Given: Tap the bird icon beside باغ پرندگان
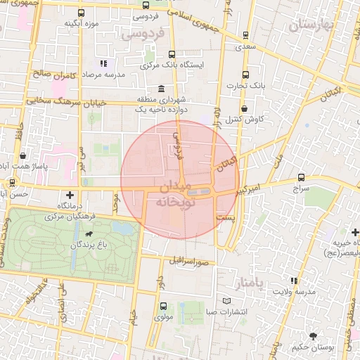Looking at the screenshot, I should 89,233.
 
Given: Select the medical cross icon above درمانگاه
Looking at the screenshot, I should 70,194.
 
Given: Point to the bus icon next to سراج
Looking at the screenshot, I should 301,178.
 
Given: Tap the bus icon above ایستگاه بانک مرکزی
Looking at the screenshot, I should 172,54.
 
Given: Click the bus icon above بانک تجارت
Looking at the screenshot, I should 245,75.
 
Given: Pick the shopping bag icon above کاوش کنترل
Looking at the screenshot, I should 244,109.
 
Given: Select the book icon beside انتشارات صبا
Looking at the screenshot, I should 226,301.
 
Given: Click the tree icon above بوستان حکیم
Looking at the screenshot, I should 312,337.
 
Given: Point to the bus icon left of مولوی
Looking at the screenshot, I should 163,306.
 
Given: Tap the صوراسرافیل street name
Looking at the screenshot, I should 188,259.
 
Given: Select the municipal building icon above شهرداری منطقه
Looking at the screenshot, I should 162,89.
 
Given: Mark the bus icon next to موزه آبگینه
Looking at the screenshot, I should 81,13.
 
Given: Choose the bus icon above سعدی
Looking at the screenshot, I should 245,35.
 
